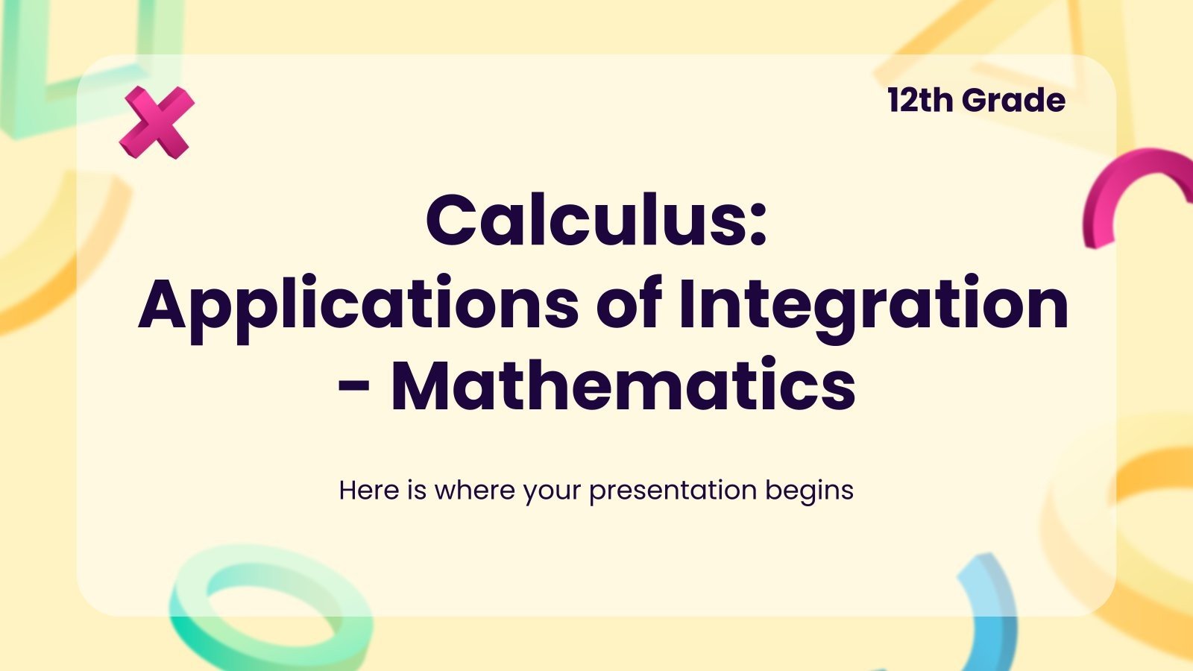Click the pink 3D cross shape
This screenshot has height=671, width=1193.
pyautogui.click(x=157, y=122)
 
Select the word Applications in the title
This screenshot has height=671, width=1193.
pyautogui.click(x=358, y=304)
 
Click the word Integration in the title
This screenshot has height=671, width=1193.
pyautogui.click(x=873, y=304)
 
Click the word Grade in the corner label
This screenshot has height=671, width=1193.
pyautogui.click(x=1014, y=101)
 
